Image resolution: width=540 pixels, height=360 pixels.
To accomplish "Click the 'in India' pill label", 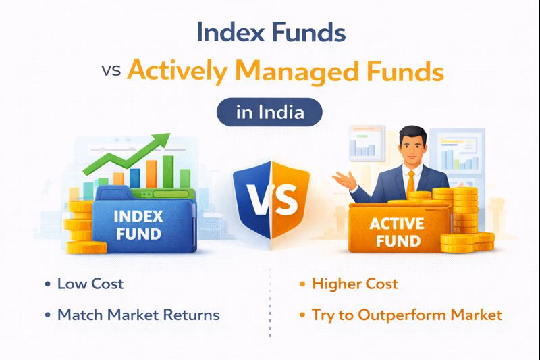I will point(269,112).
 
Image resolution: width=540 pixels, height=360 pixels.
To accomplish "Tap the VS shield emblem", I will point(271,200).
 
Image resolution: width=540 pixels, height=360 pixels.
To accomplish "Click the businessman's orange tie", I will point(410,182).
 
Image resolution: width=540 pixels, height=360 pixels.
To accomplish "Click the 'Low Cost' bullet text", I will point(90,284).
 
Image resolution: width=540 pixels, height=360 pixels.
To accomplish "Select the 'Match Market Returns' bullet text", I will point(138,315).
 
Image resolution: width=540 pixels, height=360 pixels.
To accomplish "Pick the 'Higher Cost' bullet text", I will point(354,284).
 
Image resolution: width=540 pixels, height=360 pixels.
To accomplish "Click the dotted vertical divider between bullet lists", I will point(270,301).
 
